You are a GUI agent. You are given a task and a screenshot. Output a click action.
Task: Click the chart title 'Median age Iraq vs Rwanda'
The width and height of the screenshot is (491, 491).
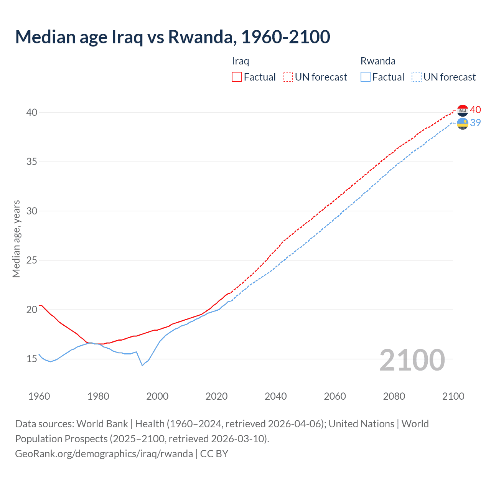pyautogui.click(x=172, y=37)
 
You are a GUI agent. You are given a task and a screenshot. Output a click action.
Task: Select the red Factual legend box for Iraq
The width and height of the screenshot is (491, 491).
pyautogui.click(x=237, y=77)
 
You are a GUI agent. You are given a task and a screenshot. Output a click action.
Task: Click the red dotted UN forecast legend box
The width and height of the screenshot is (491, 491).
pyautogui.click(x=288, y=77)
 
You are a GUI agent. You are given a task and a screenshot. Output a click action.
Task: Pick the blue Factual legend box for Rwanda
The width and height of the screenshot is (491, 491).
pyautogui.click(x=366, y=77)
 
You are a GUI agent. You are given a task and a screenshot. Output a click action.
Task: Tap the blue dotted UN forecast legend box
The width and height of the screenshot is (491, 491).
pyautogui.click(x=417, y=77)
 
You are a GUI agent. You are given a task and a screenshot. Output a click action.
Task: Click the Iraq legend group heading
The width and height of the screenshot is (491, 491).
pyautogui.click(x=241, y=61)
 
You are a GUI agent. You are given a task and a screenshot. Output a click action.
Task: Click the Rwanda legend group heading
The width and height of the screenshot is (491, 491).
pyautogui.click(x=378, y=61)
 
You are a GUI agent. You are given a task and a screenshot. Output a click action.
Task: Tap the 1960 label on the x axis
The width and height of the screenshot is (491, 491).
pyautogui.click(x=39, y=396)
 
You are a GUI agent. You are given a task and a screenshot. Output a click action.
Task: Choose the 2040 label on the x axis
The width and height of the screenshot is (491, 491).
pyautogui.click(x=276, y=396)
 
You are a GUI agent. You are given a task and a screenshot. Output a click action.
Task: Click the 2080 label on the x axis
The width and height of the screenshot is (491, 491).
pyautogui.click(x=394, y=396)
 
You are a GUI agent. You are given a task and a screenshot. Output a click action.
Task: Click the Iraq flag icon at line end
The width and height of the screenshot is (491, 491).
pyautogui.click(x=463, y=110)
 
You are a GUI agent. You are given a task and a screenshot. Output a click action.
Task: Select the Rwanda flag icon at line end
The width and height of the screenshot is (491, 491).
pyautogui.click(x=463, y=124)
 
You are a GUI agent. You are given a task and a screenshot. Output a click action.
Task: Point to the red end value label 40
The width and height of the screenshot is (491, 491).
pyautogui.click(x=475, y=110)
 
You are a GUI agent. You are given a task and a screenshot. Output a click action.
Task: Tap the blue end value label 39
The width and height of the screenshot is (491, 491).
pyautogui.click(x=475, y=123)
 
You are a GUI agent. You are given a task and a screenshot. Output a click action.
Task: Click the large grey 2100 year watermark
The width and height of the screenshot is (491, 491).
pyautogui.click(x=412, y=360)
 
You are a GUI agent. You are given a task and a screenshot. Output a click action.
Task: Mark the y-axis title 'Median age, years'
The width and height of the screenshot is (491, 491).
pyautogui.click(x=16, y=239)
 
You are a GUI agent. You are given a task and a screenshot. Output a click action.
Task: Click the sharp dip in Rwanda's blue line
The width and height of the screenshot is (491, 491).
pyautogui.click(x=142, y=365)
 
